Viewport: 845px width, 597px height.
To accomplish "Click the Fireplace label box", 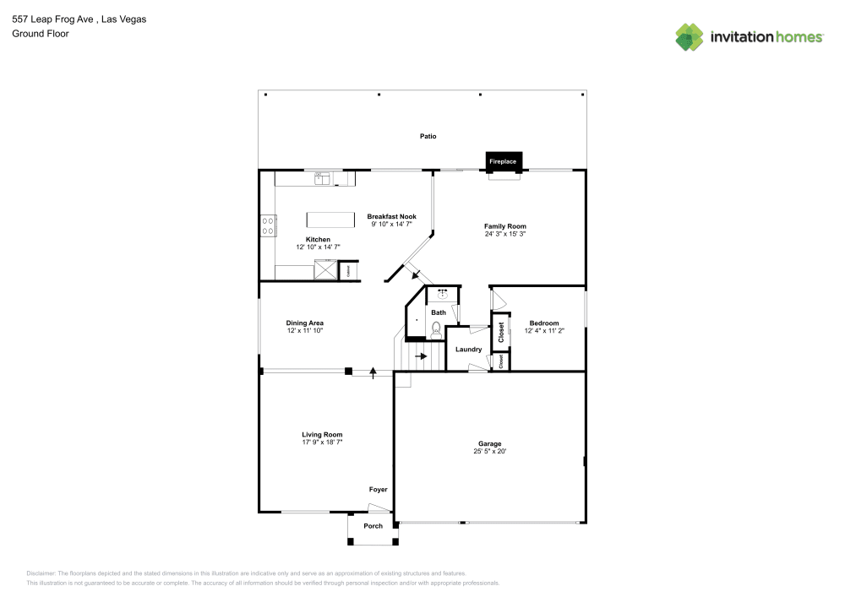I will click(x=504, y=160).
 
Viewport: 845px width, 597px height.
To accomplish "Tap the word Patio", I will click(x=429, y=136).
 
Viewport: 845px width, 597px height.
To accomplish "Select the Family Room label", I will click(x=505, y=226).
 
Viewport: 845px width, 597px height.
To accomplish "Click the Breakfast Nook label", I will click(x=391, y=217).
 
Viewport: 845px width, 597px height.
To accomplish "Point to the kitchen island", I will click(x=330, y=220).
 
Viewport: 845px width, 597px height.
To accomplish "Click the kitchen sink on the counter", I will click(x=322, y=177).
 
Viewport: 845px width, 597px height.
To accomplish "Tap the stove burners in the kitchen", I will click(x=268, y=225).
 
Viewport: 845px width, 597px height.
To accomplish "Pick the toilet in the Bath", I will click(x=436, y=330).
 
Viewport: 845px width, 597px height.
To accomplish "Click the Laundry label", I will click(x=468, y=350).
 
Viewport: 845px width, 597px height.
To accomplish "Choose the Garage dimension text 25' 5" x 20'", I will click(x=490, y=452).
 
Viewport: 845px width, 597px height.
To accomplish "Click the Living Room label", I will click(x=322, y=435).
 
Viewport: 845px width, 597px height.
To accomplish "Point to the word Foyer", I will click(x=378, y=490).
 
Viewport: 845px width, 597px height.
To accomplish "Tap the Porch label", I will click(x=373, y=526).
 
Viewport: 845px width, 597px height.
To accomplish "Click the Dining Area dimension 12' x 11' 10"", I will click(x=305, y=331).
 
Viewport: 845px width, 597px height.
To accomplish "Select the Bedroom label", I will click(x=544, y=323).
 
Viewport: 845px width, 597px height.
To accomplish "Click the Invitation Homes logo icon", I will click(x=690, y=37).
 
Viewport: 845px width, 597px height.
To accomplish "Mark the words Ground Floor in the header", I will click(x=41, y=34).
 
